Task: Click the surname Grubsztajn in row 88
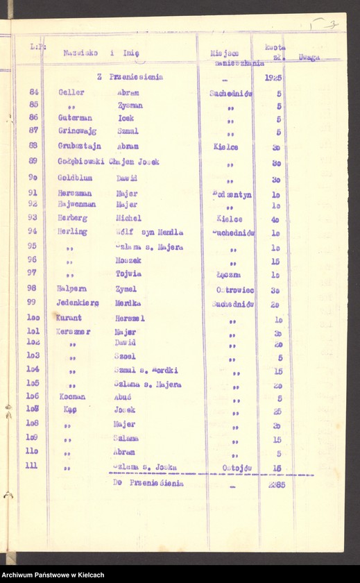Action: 74,146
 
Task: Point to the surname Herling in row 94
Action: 72,232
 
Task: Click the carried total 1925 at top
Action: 273,77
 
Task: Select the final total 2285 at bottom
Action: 276,484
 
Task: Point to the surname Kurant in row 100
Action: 70,317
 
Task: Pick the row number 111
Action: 31,465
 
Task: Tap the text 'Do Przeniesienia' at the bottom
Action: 149,483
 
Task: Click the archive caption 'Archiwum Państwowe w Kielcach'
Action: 53,575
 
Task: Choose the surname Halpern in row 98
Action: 71,289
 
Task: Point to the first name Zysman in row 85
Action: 130,105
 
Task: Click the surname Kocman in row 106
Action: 71,397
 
